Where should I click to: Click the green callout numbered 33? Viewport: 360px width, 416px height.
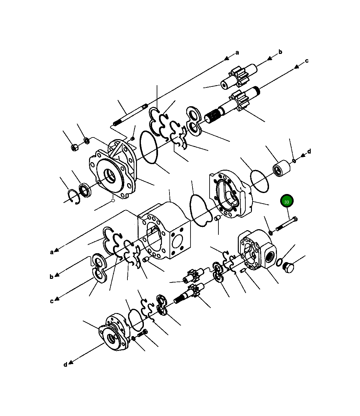(x=287, y=201)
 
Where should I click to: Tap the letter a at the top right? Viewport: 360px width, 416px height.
(x=237, y=53)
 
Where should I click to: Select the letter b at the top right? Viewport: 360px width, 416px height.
(x=280, y=52)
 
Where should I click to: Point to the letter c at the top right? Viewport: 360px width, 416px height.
(x=306, y=61)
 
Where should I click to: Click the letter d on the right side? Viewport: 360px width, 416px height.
(x=309, y=151)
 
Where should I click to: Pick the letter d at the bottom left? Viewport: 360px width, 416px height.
(x=65, y=365)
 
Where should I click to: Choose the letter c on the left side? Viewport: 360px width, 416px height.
(x=52, y=302)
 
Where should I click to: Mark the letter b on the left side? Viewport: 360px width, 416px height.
(x=52, y=277)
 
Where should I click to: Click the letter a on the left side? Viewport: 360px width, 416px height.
(x=52, y=252)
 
